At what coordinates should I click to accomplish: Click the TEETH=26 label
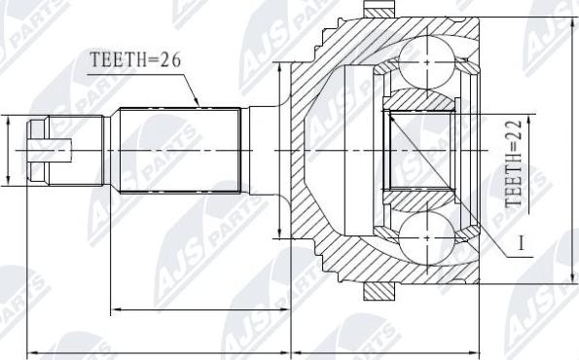(136, 59)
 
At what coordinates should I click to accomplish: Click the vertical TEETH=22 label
(514, 163)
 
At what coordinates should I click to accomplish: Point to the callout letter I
(521, 243)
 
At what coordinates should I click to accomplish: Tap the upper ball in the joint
(427, 62)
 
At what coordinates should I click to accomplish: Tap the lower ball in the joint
(427, 238)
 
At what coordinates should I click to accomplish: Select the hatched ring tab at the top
(380, 9)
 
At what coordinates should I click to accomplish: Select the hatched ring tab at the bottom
(380, 292)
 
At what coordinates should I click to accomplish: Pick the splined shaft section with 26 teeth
(180, 150)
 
